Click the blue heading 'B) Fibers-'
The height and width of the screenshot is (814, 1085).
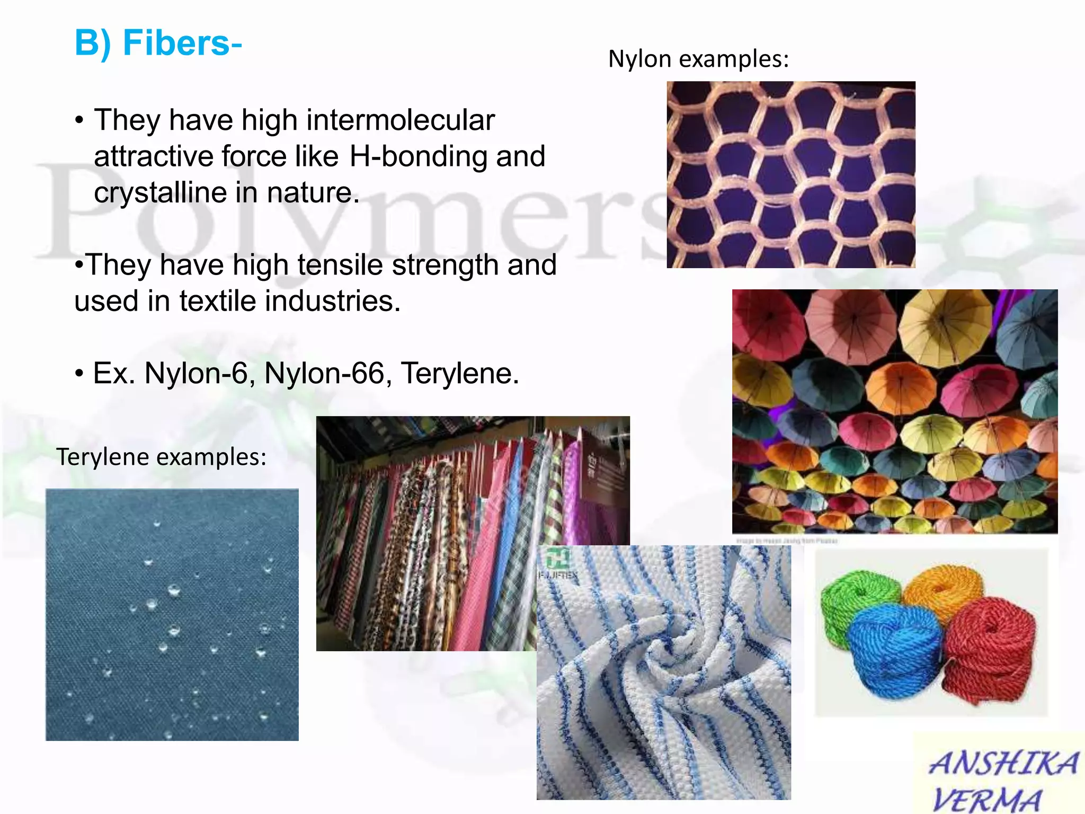pyautogui.click(x=158, y=43)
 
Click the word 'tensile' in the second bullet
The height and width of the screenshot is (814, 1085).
pyautogui.click(x=340, y=265)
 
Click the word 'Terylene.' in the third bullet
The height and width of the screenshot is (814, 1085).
pyautogui.click(x=459, y=374)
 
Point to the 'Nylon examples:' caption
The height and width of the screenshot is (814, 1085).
pyautogui.click(x=698, y=59)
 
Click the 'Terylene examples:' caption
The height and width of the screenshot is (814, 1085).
pyautogui.click(x=161, y=457)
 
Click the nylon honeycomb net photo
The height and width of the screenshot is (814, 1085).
pyautogui.click(x=790, y=174)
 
